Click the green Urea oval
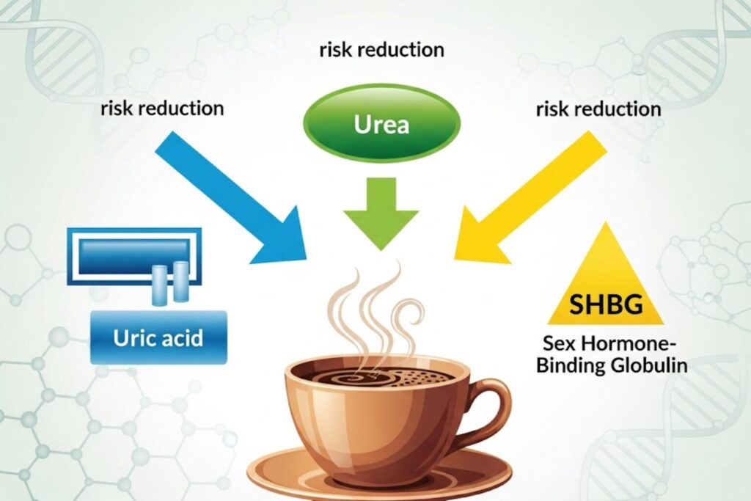(x=381, y=123)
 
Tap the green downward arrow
(x=381, y=213)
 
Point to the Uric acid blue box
(x=158, y=337)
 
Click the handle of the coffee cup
(x=488, y=407)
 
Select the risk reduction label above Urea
(x=381, y=50)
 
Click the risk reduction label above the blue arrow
(x=162, y=109)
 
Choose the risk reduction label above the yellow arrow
(x=598, y=109)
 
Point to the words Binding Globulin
(x=612, y=365)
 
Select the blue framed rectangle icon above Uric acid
(x=134, y=256)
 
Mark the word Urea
(x=381, y=125)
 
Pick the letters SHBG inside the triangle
(x=606, y=304)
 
